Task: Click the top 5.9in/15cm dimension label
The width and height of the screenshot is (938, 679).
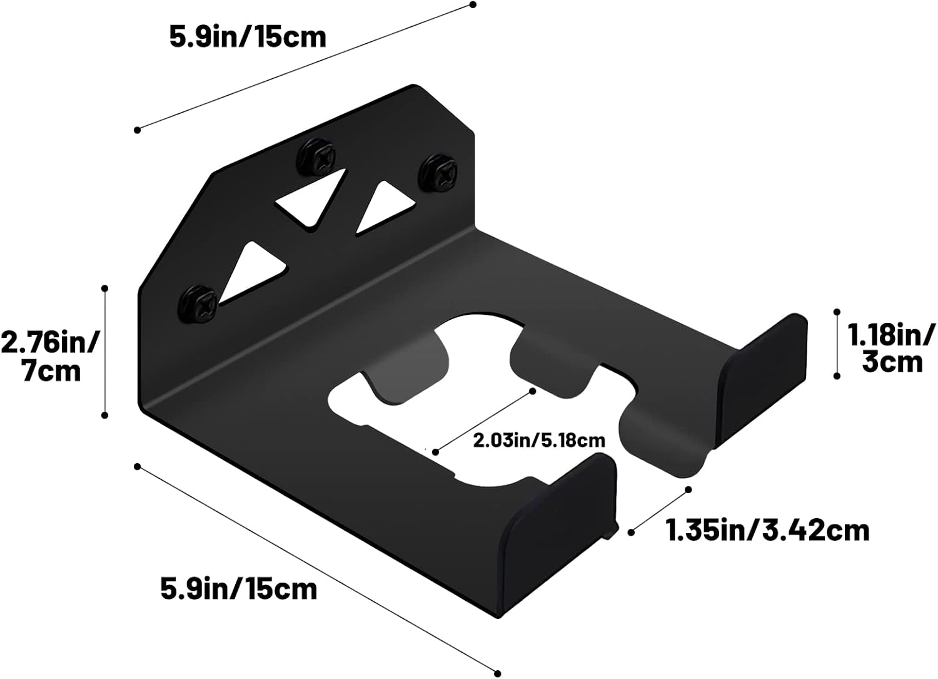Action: pos(248,37)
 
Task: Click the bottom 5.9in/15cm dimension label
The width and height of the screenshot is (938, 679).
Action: pos(239,590)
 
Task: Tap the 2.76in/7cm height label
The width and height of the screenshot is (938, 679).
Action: pos(50,357)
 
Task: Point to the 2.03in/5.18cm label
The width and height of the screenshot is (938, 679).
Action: pos(539,441)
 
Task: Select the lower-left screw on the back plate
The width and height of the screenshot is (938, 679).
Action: pos(198,304)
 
